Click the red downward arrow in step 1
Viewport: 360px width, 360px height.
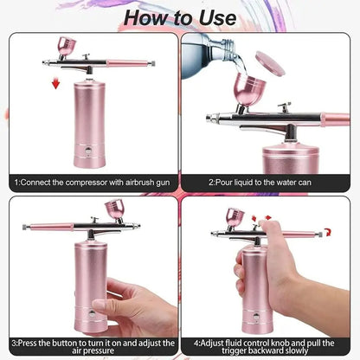coord(56,83)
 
